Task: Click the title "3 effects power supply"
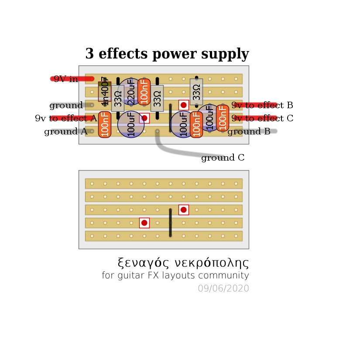(167, 54)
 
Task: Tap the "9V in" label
(66, 79)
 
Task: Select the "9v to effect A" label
(66, 118)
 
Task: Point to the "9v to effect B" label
(262, 105)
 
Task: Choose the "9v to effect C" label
(262, 118)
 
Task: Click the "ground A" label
(65, 131)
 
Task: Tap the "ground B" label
(249, 131)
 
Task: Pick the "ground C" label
(223, 158)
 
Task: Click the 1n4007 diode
(105, 92)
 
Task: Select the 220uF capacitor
(130, 92)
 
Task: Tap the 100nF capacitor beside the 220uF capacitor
(144, 92)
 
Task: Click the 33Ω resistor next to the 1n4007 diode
(118, 98)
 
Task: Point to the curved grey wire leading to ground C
(175, 151)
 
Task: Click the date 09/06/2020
(223, 288)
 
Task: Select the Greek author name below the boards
(183, 263)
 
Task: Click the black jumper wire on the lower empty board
(170, 223)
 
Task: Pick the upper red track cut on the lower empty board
(184, 210)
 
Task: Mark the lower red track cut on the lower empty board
(144, 223)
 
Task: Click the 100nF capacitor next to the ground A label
(105, 124)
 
